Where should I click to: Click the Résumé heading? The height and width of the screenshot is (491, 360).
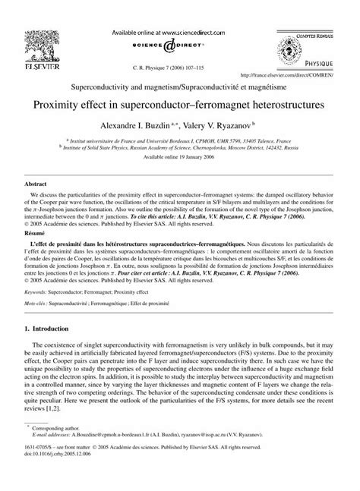tap(36, 236)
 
